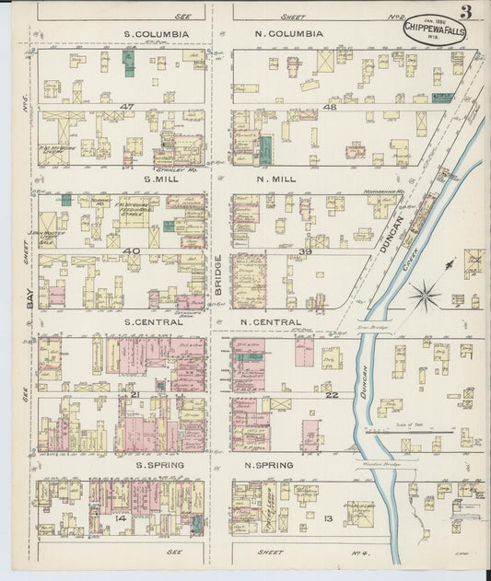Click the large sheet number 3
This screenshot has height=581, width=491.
467,12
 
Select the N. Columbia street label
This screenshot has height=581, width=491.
289,34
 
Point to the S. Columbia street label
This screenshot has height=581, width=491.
157,34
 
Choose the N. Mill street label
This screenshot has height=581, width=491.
276,179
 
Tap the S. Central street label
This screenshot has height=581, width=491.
157,322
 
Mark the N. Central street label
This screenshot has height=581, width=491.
271,322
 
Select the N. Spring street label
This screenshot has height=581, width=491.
269,465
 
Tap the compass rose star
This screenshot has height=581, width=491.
425,296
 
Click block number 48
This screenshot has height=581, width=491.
329,107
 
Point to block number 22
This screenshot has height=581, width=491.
333,394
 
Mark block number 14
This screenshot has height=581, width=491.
120,519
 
